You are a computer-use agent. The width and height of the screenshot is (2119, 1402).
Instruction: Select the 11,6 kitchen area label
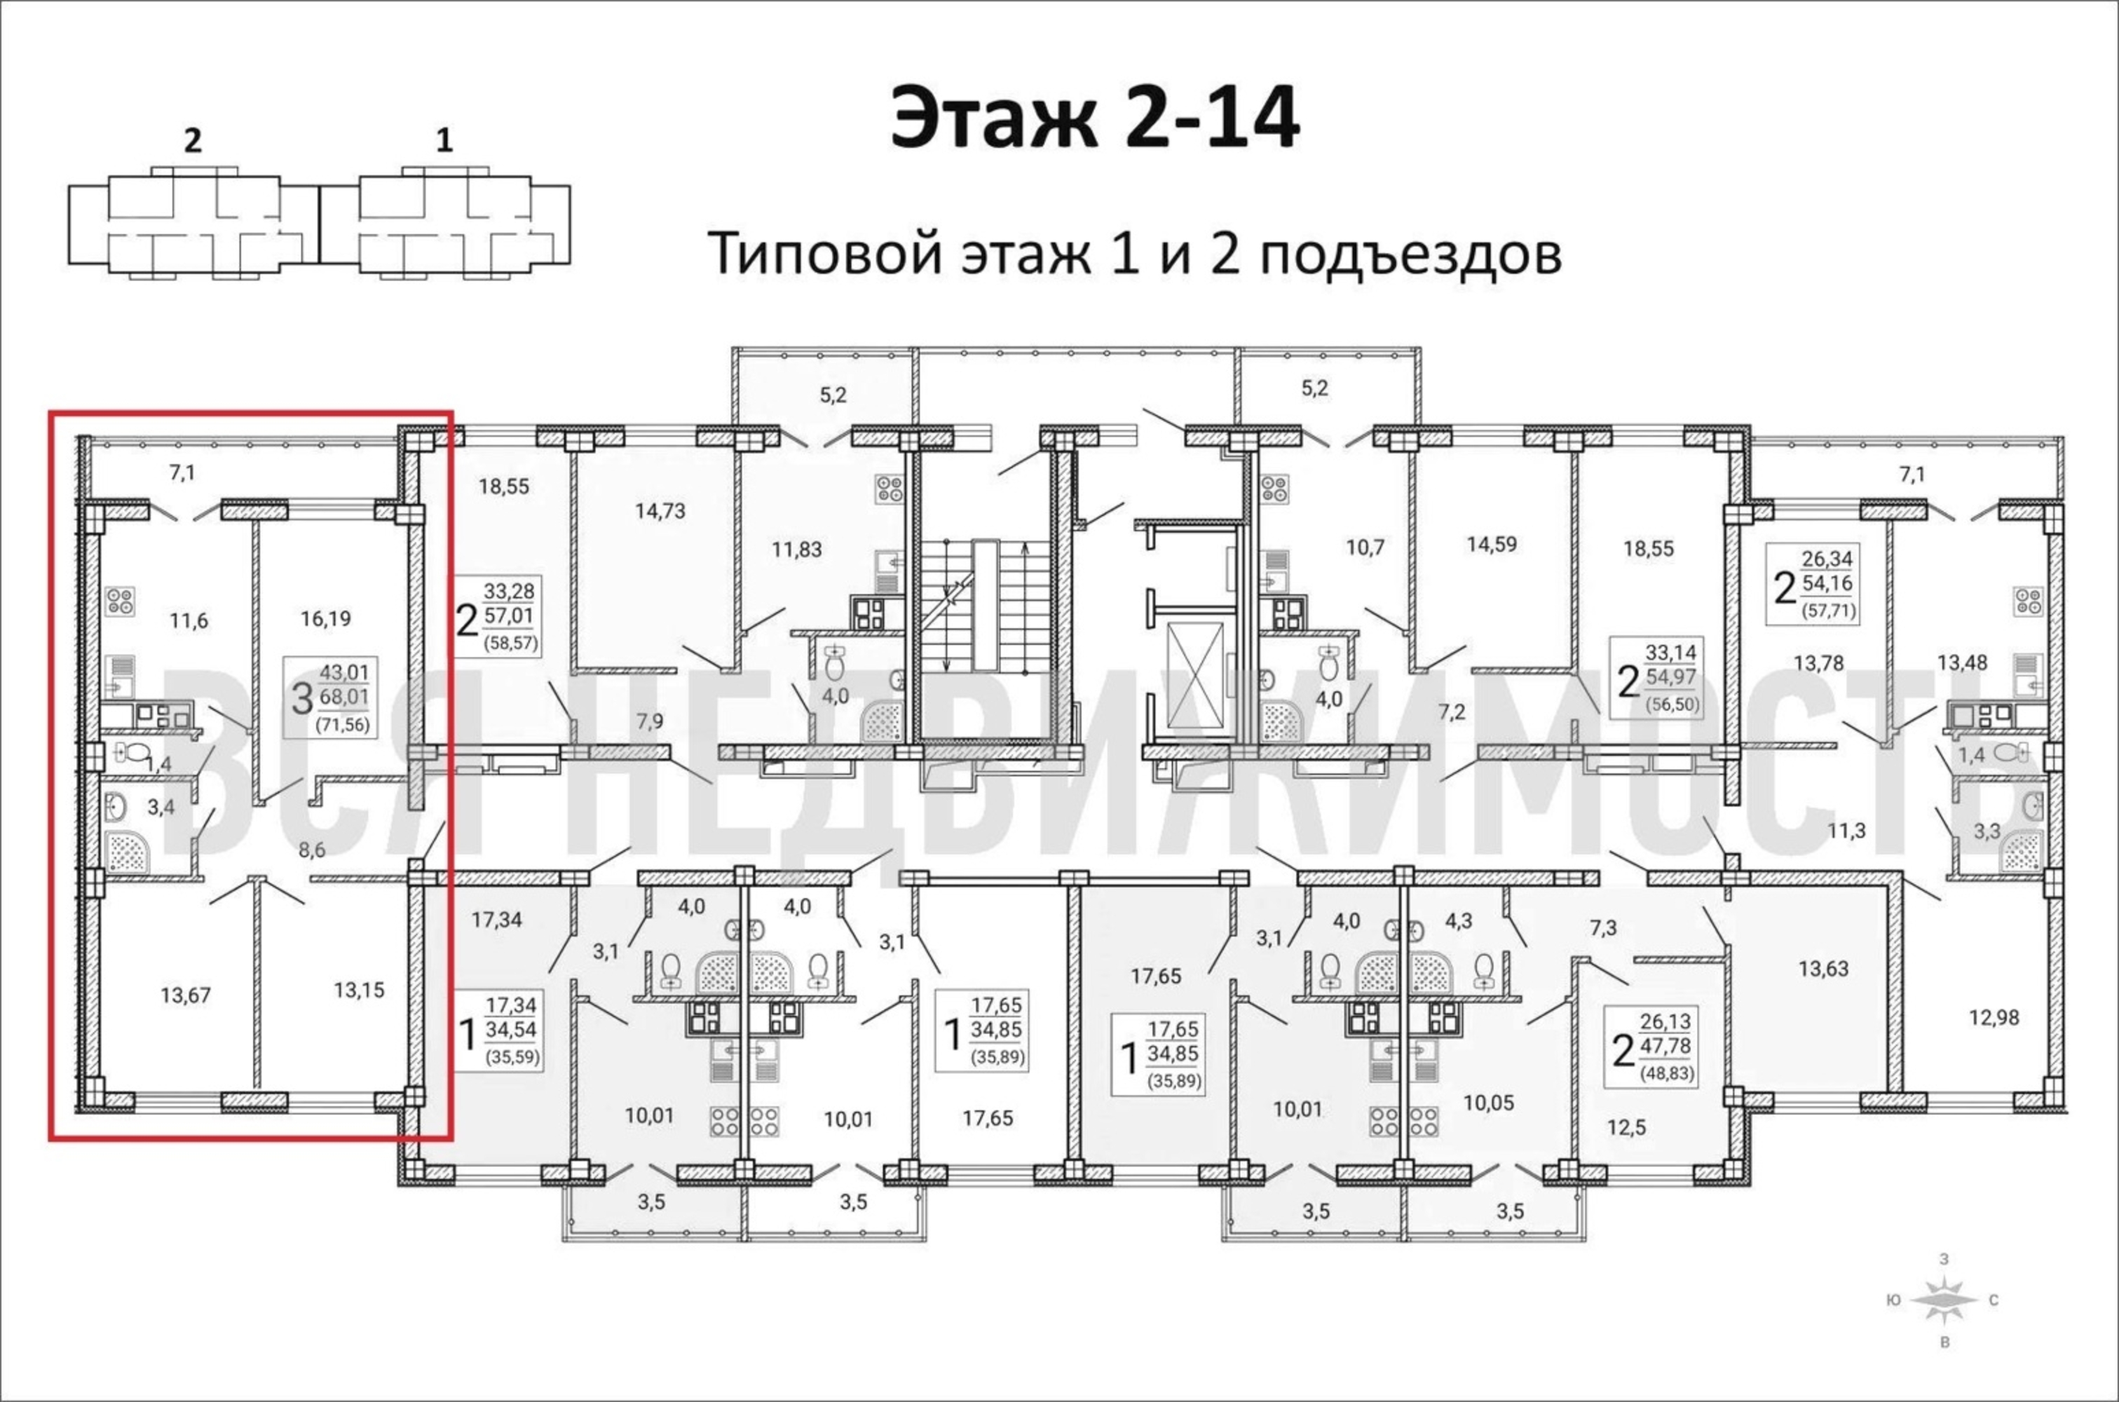pyautogui.click(x=189, y=620)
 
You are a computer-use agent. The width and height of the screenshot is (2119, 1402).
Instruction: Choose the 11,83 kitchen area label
pyautogui.click(x=796, y=549)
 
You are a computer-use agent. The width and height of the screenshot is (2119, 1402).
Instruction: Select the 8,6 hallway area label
pyautogui.click(x=312, y=851)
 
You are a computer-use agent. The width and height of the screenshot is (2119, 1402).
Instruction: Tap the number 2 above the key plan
pyautogui.click(x=192, y=142)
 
